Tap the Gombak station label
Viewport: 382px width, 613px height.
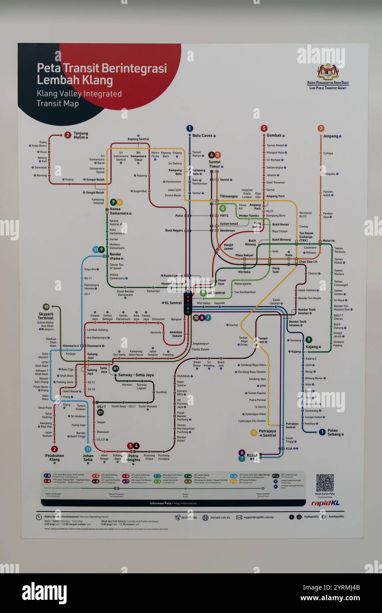coord(274,135)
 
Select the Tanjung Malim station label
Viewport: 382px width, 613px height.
coord(81,135)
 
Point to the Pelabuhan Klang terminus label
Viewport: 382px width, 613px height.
coord(54,457)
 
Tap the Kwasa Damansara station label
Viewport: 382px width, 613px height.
coord(120,211)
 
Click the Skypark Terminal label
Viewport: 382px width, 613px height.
coord(45,316)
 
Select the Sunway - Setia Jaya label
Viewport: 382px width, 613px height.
coord(136,375)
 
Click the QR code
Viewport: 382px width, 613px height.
coord(325,482)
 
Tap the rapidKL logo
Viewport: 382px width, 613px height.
coord(325,503)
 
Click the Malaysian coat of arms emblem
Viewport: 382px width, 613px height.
coord(327,71)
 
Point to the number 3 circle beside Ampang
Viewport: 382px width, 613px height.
coord(321,128)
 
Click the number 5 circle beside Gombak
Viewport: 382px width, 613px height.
coord(264,128)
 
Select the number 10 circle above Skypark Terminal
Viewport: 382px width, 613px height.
coord(46,307)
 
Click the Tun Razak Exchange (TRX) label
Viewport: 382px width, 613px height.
coord(307,237)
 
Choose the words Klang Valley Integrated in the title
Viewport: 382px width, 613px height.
coord(79,93)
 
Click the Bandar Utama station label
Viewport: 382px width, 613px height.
coord(116,256)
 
